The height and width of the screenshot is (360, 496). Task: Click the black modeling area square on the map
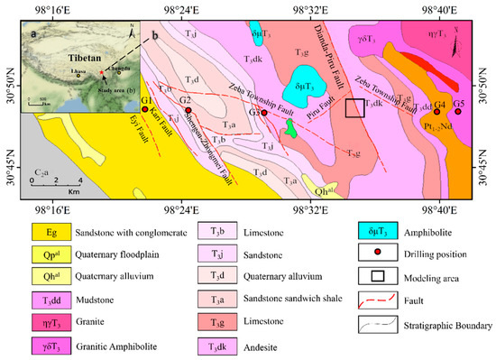(x=355, y=108)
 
